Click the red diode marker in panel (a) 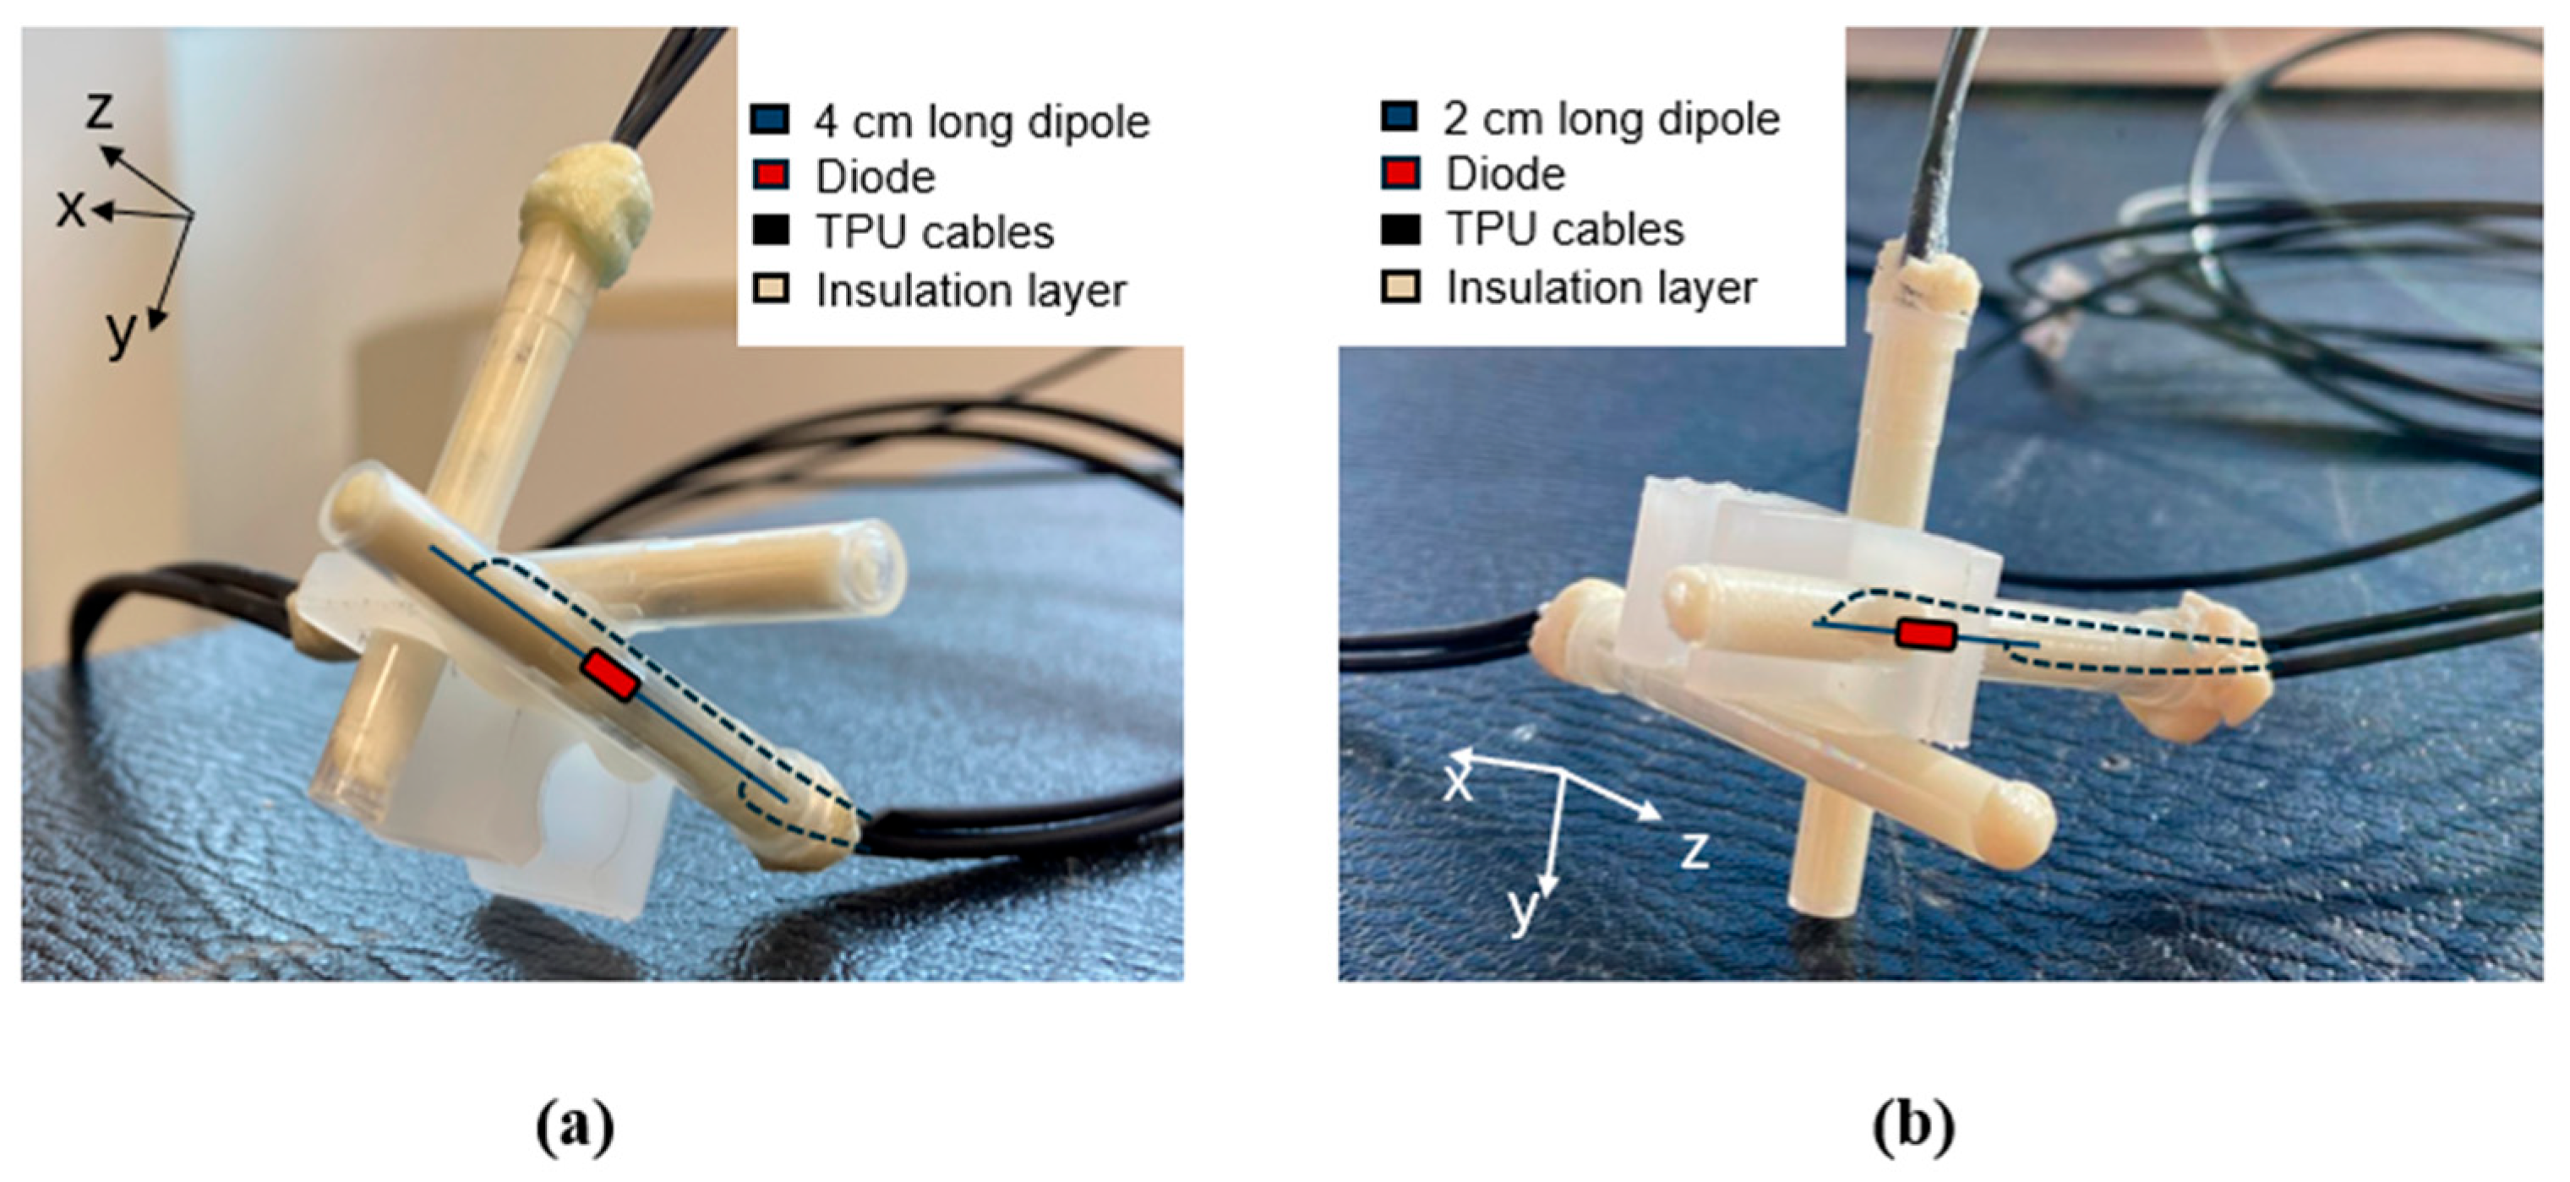(x=609, y=675)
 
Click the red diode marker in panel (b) (x=1925, y=635)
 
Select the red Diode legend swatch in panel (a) (x=769, y=176)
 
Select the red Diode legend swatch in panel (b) (x=1400, y=173)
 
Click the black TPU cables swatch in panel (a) (x=769, y=231)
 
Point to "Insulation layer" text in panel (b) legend (x=1601, y=288)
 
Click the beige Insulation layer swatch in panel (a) (x=769, y=289)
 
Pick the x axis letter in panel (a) (x=70, y=210)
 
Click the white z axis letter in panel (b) (x=1694, y=851)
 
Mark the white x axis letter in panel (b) (x=1459, y=784)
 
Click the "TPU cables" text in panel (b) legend (x=1565, y=231)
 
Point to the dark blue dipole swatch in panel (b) (x=1400, y=118)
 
